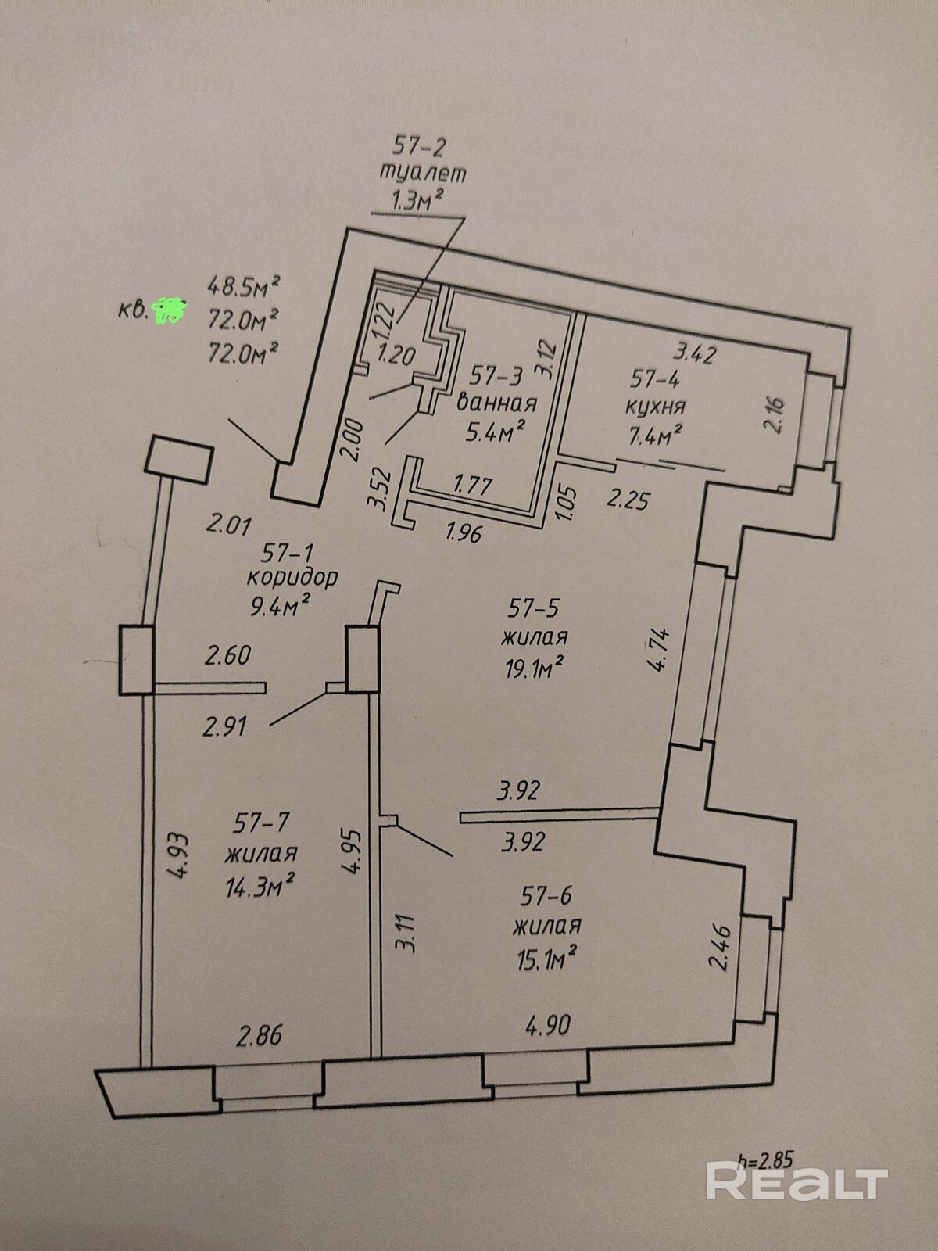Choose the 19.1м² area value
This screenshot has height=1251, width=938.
pyautogui.click(x=535, y=666)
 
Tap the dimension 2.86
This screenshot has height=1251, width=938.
pyautogui.click(x=259, y=1035)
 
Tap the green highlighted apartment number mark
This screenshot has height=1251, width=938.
pyautogui.click(x=170, y=310)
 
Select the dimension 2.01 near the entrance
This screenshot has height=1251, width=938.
pyautogui.click(x=227, y=522)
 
